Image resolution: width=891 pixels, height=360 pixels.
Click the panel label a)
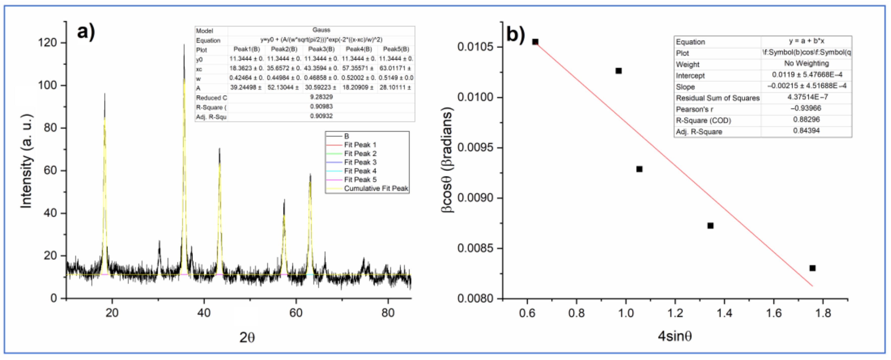click(x=86, y=32)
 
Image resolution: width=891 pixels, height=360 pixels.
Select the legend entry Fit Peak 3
click(x=360, y=162)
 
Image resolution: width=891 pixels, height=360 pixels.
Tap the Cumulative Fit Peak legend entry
click(x=376, y=189)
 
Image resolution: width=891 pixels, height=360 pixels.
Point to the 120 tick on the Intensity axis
click(x=47, y=43)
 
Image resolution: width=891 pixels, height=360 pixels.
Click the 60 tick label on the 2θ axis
click(x=296, y=313)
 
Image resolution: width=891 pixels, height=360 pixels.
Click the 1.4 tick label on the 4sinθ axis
click(x=724, y=313)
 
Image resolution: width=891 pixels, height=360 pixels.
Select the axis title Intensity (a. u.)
click(x=26, y=161)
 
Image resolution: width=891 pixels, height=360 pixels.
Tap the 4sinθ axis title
click(x=675, y=336)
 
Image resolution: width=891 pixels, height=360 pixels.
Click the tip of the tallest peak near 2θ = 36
click(x=184, y=44)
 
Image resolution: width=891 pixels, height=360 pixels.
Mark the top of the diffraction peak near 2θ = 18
click(x=104, y=93)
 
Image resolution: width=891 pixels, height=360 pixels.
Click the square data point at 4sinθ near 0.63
click(x=535, y=42)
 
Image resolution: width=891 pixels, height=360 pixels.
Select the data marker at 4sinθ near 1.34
click(x=710, y=225)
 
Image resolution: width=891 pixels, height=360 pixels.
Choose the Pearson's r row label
click(x=694, y=109)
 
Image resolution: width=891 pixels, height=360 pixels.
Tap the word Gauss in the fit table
click(x=321, y=30)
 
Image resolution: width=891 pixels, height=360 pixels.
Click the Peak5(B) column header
click(x=396, y=49)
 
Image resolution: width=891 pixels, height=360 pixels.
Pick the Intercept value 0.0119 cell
click(x=806, y=75)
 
